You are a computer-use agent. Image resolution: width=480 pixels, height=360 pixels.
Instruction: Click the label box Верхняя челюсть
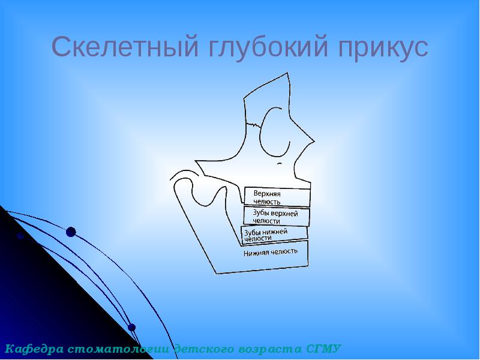(x=277, y=197)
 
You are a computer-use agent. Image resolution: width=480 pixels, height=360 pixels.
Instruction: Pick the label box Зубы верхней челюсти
(x=276, y=217)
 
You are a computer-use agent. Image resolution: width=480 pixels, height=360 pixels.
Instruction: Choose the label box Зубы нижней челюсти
(x=274, y=235)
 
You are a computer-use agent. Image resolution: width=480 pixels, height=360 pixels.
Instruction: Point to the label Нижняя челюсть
(x=271, y=252)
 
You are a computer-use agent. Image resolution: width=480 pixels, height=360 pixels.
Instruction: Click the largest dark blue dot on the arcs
(x=71, y=232)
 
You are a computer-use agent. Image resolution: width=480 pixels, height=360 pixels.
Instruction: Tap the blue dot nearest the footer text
(x=132, y=328)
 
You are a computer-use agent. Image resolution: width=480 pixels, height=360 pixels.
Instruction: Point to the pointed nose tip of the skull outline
(x=313, y=142)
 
